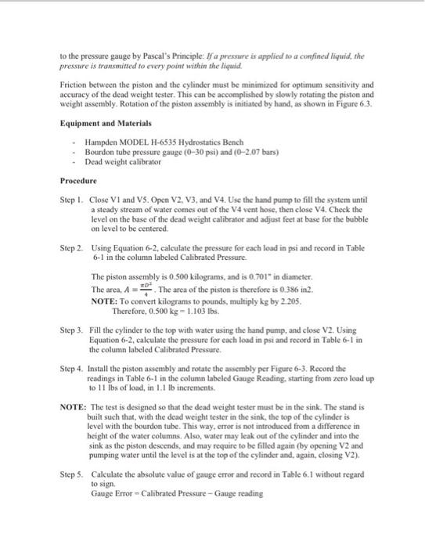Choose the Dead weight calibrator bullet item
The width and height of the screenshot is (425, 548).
pos(123,161)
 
